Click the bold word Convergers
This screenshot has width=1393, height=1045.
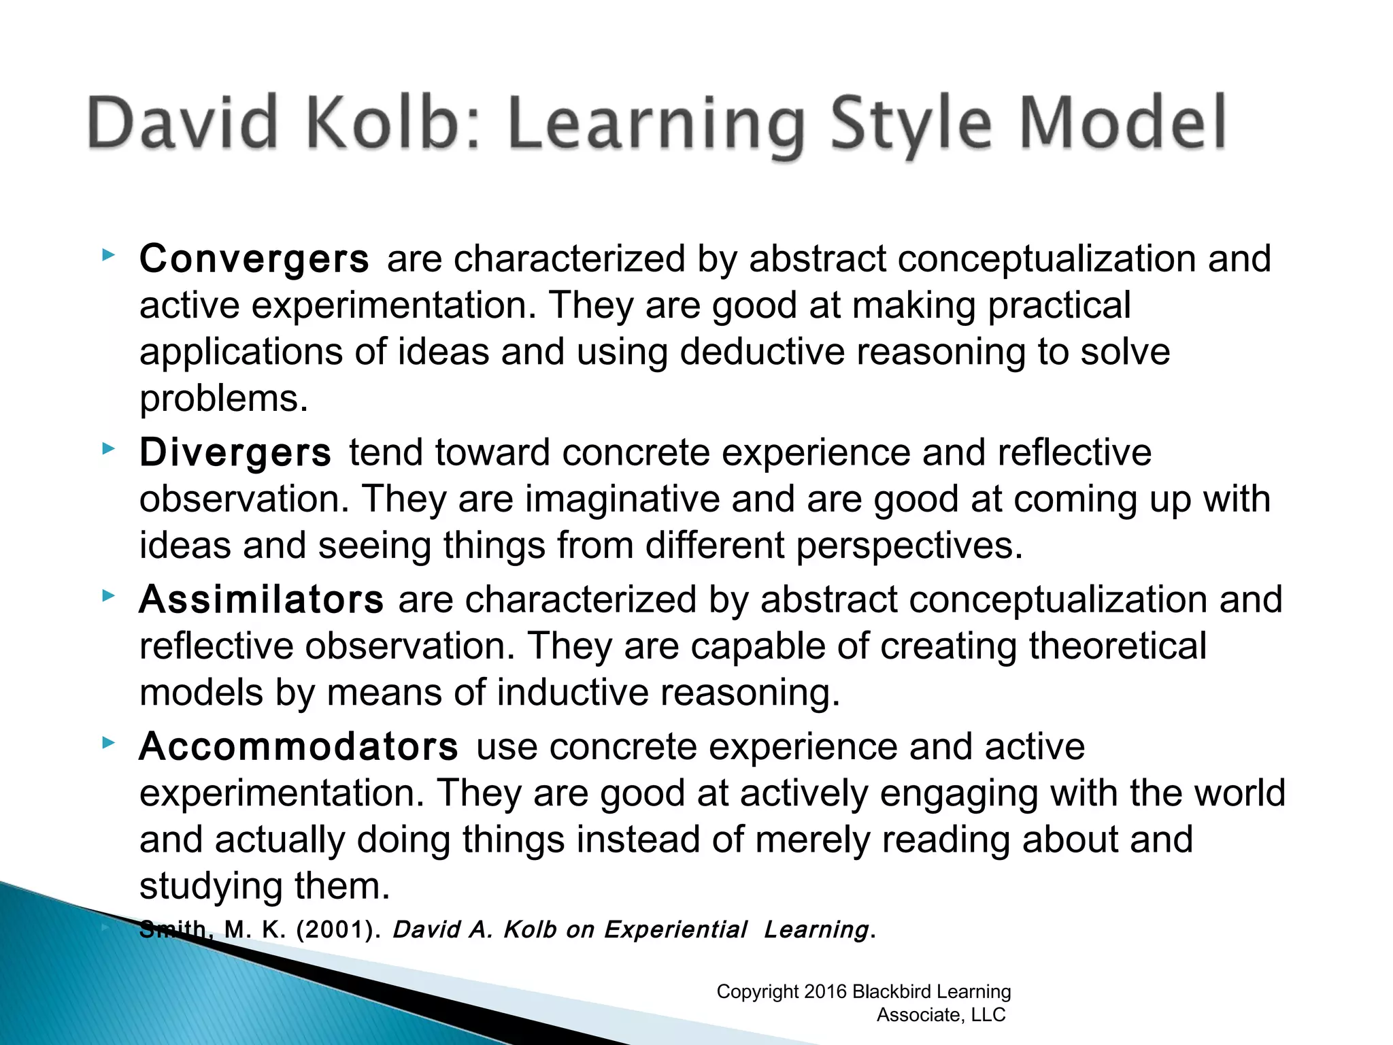point(254,259)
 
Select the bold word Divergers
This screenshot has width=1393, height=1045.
point(235,453)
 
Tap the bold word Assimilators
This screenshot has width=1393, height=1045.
point(261,600)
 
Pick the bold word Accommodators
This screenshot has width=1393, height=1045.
point(299,747)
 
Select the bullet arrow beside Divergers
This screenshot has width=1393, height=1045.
point(107,448)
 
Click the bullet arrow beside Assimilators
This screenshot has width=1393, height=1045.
point(107,596)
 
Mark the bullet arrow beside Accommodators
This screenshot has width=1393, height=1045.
point(107,743)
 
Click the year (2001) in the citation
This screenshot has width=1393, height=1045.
point(337,929)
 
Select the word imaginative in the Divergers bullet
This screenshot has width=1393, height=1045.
point(622,499)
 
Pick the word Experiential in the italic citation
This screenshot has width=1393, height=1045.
point(675,929)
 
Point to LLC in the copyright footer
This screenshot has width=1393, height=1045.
point(988,1015)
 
